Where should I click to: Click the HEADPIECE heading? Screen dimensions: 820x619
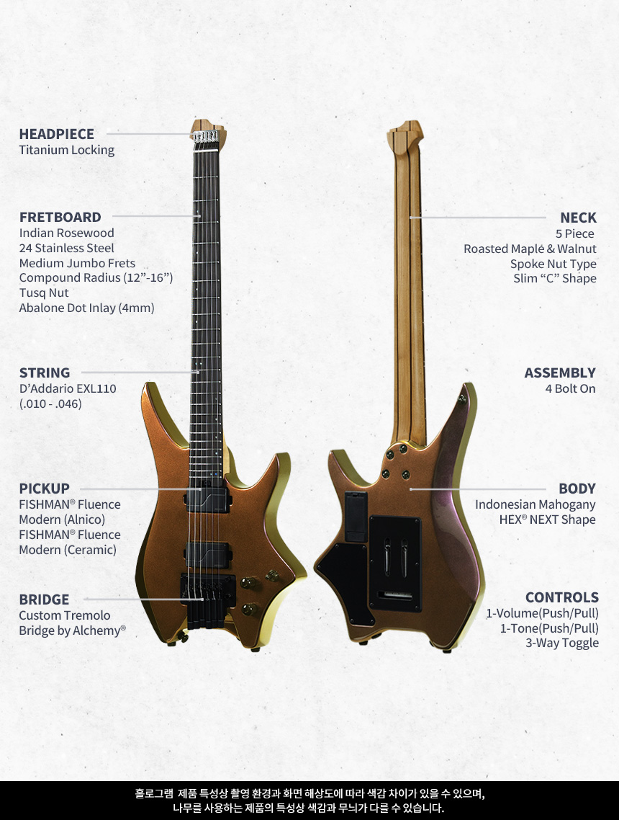[x=56, y=134]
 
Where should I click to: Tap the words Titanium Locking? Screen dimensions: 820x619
[x=66, y=150]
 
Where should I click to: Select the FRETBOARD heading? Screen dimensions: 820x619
[x=60, y=217]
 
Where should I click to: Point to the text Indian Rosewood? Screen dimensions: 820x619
[x=66, y=233]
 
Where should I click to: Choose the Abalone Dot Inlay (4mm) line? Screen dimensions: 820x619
[x=86, y=308]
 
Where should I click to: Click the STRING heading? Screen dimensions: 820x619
[x=45, y=373]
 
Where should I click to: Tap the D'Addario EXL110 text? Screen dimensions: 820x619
[x=68, y=388]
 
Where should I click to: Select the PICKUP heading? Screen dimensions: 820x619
[x=44, y=489]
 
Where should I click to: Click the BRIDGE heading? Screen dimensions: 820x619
[x=44, y=599]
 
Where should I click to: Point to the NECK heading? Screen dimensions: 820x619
[x=578, y=218]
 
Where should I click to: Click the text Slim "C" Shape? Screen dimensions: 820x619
[x=554, y=278]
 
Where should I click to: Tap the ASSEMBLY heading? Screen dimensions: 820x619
[x=559, y=373]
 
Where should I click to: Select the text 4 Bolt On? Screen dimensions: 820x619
[x=570, y=388]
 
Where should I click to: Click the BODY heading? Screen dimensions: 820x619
[x=577, y=489]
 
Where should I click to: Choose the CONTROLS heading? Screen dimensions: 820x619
[x=561, y=597]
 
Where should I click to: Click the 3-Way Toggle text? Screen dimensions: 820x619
[x=561, y=643]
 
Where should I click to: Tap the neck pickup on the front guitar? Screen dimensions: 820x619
[x=207, y=498]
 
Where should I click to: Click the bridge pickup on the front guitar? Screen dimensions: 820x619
[x=207, y=554]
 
